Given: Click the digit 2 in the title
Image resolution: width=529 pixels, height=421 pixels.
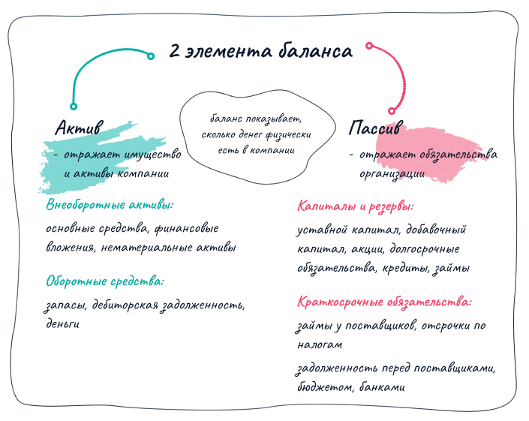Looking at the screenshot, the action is click(x=174, y=51).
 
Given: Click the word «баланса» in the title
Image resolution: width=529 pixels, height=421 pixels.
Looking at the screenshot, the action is click(x=315, y=50).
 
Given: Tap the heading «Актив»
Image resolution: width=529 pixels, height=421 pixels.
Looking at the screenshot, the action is click(x=80, y=128).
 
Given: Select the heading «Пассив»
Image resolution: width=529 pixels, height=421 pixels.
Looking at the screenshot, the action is click(x=376, y=128).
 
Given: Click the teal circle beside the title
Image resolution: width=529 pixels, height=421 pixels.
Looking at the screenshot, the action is click(x=151, y=56).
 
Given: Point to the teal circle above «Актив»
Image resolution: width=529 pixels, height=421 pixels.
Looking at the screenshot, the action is click(x=74, y=107).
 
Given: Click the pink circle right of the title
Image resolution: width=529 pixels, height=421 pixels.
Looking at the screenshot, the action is click(x=369, y=46).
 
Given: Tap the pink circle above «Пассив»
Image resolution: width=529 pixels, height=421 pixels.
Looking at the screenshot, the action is click(x=392, y=110).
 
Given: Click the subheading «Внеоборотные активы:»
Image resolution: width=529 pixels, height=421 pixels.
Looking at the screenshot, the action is click(x=110, y=205).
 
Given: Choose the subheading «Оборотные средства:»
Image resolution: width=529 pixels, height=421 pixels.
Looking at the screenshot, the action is click(x=105, y=281).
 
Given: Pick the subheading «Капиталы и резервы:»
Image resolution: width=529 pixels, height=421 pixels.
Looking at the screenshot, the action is click(x=355, y=206).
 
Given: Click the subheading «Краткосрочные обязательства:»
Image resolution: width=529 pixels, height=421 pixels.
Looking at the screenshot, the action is click(x=384, y=302).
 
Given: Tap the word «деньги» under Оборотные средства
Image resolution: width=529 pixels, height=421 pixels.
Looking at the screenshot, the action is click(x=63, y=324).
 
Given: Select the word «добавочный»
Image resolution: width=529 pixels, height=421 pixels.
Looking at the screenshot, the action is click(x=435, y=230).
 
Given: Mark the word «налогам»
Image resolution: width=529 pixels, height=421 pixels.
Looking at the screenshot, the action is click(x=320, y=344).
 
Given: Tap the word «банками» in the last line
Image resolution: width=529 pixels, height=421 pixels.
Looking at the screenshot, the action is click(x=382, y=386).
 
